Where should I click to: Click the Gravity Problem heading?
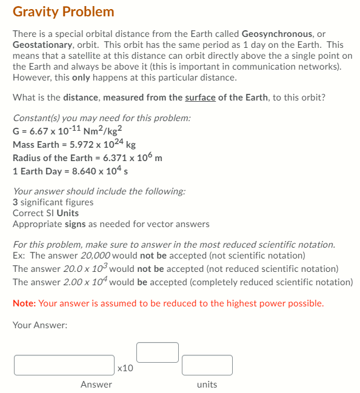[x=63, y=12]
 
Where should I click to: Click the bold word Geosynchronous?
[x=277, y=34]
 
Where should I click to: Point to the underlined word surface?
[x=200, y=97]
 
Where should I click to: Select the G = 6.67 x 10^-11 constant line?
[x=68, y=130]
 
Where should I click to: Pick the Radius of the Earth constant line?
[x=87, y=158]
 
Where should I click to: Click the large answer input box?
[x=64, y=365]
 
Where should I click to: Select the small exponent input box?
[x=157, y=352]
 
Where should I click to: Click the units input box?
[x=207, y=365]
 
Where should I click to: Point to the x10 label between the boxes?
[x=125, y=367]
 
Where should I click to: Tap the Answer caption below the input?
[x=96, y=385]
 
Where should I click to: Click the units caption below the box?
[x=207, y=385]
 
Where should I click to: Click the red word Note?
[x=24, y=303]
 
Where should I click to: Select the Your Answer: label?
[x=40, y=325]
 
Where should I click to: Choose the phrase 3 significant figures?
[x=53, y=202]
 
